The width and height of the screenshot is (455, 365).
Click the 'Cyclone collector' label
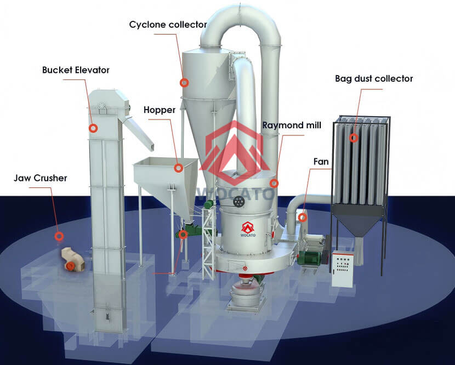coord(168,25)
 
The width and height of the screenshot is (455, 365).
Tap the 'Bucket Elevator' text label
coord(76,70)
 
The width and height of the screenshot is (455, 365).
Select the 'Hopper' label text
coord(160,110)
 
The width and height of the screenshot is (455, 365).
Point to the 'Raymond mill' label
coord(292,126)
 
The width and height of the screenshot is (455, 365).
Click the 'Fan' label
coord(321,162)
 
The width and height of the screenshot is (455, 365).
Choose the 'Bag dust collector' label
coord(374,79)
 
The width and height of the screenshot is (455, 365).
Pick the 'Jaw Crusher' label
coord(42,178)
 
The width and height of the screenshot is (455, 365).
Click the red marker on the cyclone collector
coord(185,83)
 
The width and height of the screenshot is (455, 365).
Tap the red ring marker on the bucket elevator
coord(93,128)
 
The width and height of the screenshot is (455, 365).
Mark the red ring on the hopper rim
coord(178,168)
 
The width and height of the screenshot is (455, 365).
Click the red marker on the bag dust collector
coord(354,138)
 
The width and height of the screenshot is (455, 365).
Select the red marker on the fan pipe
coord(302,217)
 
